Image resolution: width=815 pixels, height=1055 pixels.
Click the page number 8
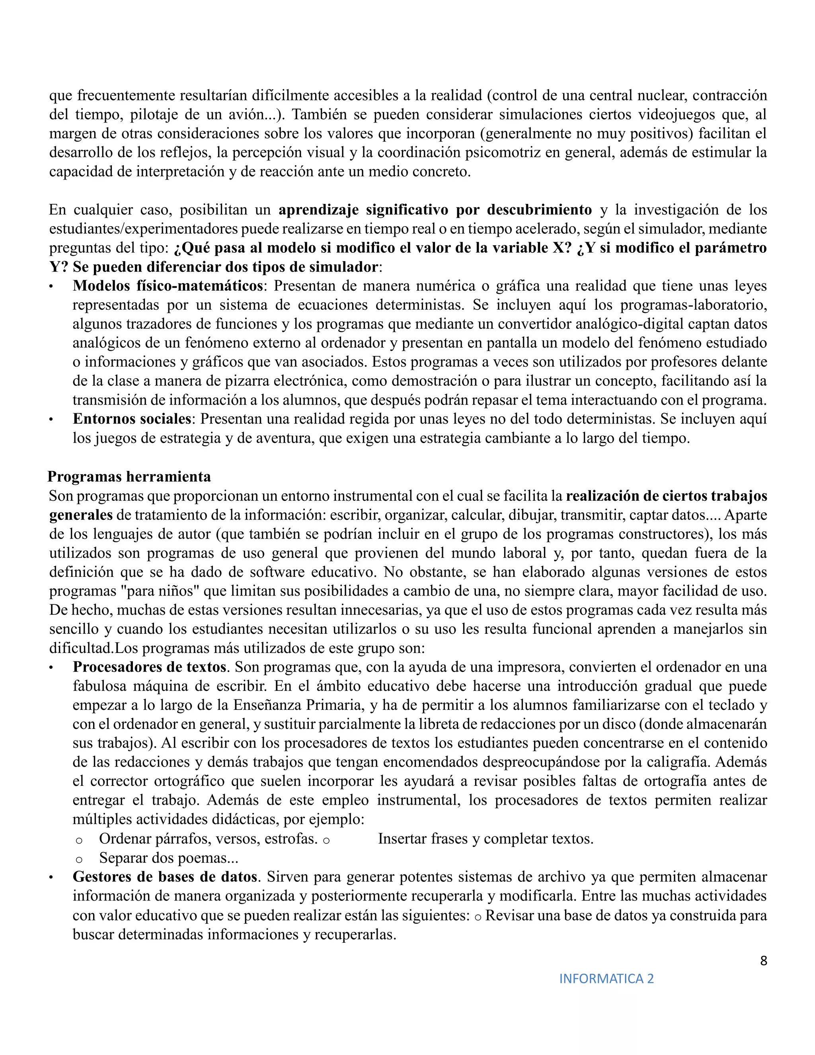(763, 961)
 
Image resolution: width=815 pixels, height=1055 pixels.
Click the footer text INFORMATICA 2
(606, 979)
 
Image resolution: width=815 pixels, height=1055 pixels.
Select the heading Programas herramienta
(129, 477)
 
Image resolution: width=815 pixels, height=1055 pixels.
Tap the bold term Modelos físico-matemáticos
(168, 286)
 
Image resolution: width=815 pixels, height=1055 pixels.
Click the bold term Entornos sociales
(132, 419)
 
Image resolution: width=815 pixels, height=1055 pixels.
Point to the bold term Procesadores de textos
(149, 667)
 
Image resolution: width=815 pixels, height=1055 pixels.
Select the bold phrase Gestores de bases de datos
(167, 877)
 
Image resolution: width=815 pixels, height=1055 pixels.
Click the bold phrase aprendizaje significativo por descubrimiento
(435, 210)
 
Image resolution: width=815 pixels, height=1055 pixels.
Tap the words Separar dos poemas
(168, 858)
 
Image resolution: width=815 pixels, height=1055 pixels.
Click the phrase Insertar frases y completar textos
(485, 839)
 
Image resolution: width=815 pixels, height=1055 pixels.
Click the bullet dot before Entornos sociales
(51, 420)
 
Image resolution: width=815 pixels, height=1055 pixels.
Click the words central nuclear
(633, 96)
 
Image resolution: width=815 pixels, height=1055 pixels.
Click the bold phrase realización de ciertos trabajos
(666, 496)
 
